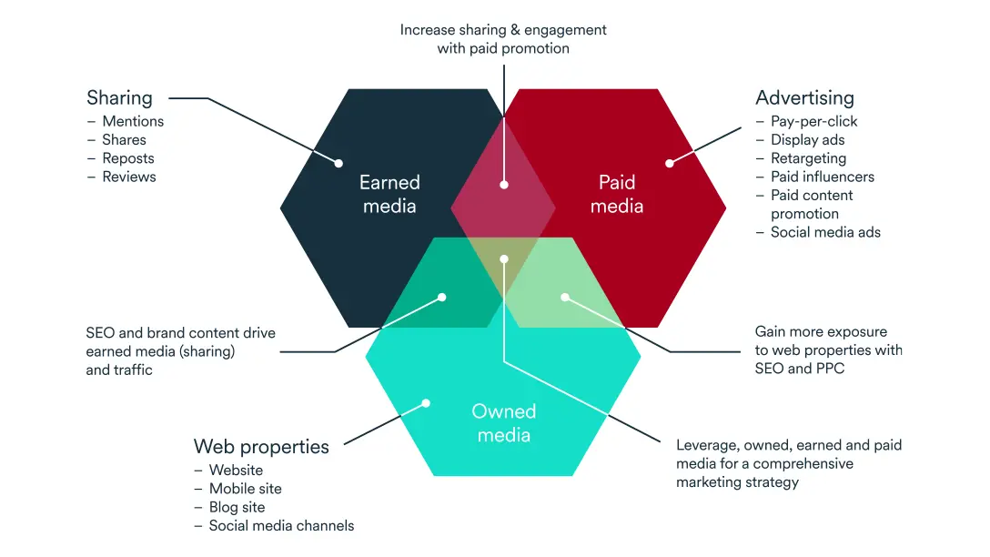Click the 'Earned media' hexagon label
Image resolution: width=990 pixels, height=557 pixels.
[389, 194]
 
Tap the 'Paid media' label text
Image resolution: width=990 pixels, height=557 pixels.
[616, 194]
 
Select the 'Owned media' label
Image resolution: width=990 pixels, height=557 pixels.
[503, 423]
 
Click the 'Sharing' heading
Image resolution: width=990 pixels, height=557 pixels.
[119, 97]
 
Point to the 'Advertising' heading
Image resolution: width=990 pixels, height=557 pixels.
[804, 97]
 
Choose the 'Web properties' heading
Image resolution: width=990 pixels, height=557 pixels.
[261, 447]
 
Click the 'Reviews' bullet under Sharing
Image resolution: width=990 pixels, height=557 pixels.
[128, 177]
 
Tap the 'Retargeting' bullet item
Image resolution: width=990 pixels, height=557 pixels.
[808, 158]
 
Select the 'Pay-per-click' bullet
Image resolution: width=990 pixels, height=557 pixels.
[813, 121]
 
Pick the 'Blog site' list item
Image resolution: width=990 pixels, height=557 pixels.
[237, 507]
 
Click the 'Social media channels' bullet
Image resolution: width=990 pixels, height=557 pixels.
[281, 525]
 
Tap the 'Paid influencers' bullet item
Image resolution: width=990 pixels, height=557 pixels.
[822, 177]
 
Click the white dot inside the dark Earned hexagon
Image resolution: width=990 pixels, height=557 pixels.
[338, 164]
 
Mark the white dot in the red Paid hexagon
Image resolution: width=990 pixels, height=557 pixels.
[669, 164]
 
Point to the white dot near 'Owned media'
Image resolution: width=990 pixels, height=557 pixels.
[425, 403]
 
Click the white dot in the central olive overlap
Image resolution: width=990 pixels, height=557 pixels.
[504, 258]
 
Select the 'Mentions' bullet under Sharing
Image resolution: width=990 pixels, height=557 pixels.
[133, 121]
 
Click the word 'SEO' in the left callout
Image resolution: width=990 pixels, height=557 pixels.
[99, 333]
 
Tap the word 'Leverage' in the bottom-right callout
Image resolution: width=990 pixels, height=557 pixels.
[707, 445]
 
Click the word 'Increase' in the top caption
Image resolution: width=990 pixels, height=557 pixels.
[428, 30]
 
